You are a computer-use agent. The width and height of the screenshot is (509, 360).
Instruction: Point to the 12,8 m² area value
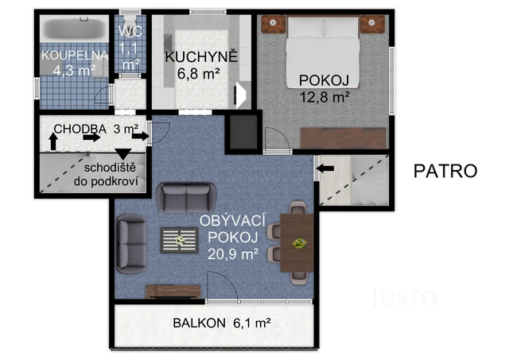click(x=324, y=97)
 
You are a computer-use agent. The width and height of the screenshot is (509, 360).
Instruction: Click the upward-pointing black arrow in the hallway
click(x=53, y=142)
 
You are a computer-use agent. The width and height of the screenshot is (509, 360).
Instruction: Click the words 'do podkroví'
click(x=114, y=182)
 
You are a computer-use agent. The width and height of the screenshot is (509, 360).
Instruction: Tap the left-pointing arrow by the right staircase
click(x=325, y=166)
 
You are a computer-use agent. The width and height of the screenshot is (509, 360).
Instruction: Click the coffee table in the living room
click(x=179, y=238)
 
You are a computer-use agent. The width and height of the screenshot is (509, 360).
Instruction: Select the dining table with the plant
click(x=299, y=242)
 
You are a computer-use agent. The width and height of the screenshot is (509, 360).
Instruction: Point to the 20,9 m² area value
click(x=233, y=255)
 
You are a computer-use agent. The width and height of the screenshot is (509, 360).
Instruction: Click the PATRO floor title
click(x=445, y=169)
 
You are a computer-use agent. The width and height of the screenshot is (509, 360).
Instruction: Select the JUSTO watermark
click(x=405, y=298)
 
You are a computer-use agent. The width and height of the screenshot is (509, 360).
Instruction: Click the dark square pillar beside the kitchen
click(x=243, y=132)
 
